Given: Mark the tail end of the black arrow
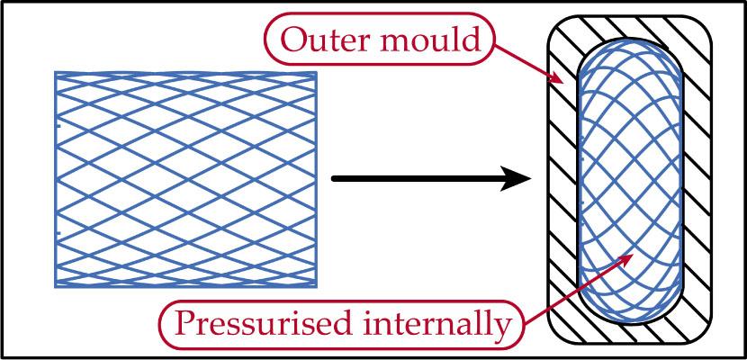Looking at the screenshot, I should click(334, 179).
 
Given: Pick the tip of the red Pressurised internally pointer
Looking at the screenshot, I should click(630, 256).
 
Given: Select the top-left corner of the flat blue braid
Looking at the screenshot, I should click(56, 72).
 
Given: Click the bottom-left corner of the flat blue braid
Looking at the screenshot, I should click(56, 287).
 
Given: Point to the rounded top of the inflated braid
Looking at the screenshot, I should click(630, 41).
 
